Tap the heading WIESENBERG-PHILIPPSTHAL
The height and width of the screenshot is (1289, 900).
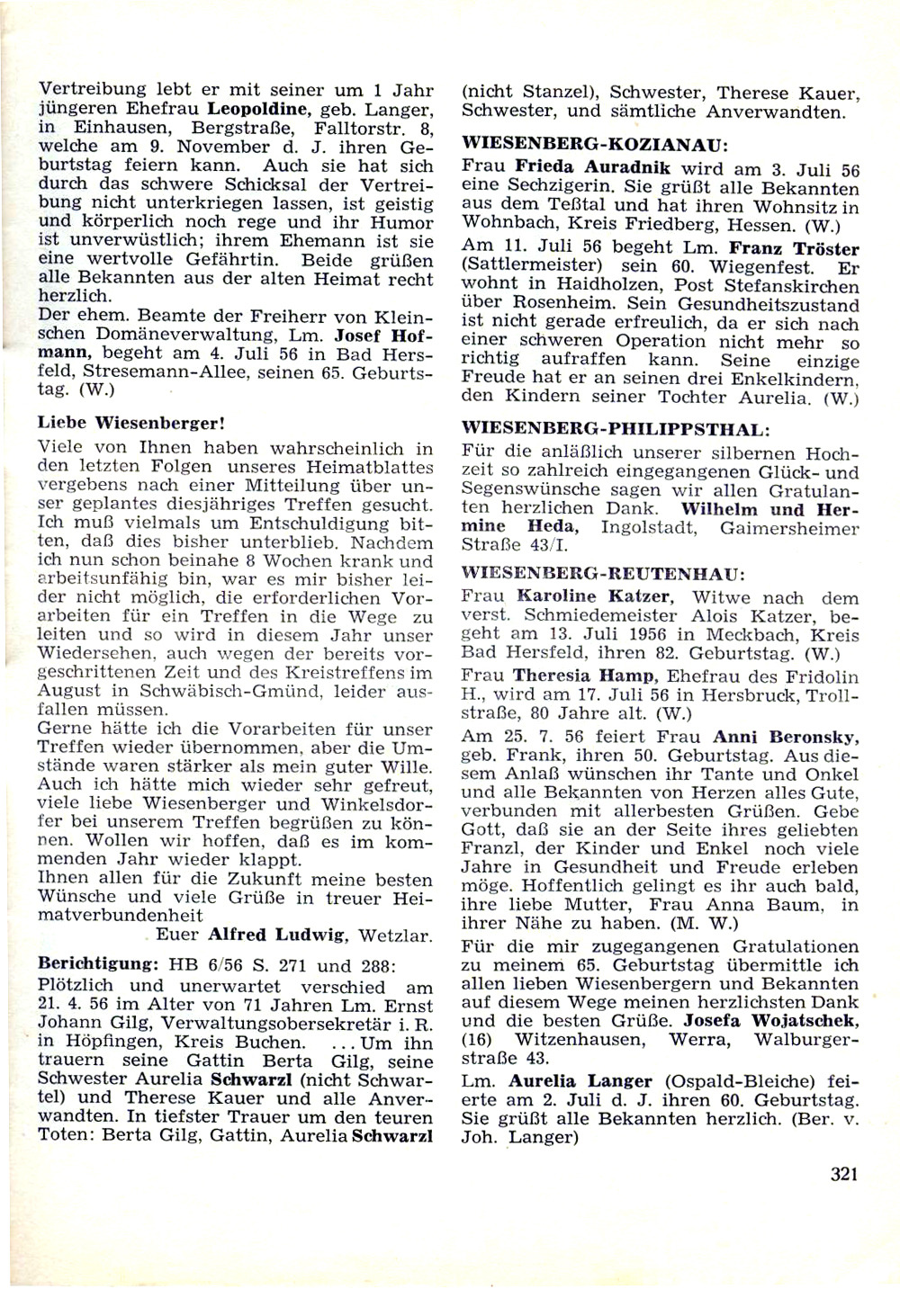pyautogui.click(x=616, y=427)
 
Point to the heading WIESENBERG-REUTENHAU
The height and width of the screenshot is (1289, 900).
pyautogui.click(x=602, y=571)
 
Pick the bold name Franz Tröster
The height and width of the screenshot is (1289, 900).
pyautogui.click(x=794, y=248)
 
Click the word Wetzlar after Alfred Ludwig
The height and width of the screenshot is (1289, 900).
pyautogui.click(x=394, y=935)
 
